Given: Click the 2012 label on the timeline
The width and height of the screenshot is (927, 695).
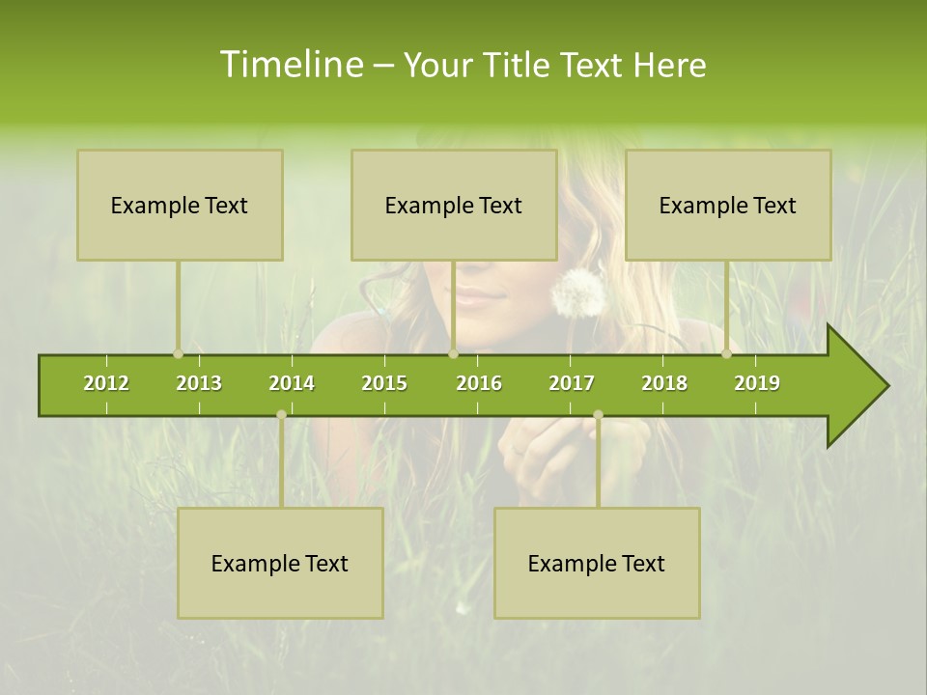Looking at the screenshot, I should (106, 383).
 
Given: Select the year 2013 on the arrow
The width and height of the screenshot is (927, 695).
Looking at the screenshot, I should (199, 383).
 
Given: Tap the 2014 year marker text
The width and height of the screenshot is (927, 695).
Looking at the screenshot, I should (292, 383).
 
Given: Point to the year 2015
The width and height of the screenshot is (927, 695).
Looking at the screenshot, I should (384, 383).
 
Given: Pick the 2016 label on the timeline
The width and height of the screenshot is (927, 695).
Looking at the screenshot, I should (479, 383).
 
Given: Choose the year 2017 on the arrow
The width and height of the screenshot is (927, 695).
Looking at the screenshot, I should (572, 383).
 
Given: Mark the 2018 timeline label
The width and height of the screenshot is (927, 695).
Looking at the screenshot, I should (664, 383).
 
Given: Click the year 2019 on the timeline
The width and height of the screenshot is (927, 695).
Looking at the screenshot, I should (757, 383).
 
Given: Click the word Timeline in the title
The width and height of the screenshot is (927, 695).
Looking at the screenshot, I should (290, 65).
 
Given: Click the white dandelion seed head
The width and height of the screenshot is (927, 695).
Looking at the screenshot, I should (578, 292).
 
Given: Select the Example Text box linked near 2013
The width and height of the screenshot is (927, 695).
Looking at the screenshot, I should (180, 206).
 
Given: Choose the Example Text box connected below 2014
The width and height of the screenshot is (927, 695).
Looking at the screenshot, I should (280, 564).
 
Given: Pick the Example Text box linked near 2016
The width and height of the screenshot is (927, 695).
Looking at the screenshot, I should (454, 206).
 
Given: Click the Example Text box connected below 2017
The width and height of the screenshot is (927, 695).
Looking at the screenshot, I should (597, 564).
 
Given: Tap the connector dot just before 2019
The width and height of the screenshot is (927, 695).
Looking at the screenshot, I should (726, 354).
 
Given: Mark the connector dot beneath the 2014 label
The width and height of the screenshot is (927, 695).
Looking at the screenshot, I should (281, 414).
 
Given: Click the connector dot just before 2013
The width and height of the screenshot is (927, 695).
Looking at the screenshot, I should (178, 354).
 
